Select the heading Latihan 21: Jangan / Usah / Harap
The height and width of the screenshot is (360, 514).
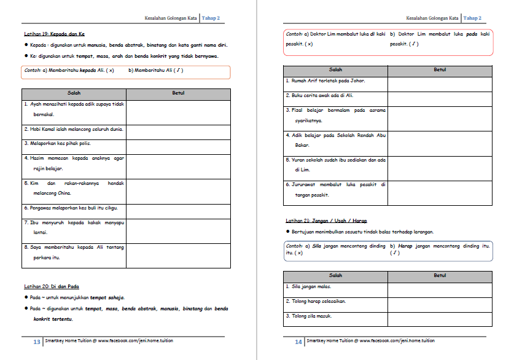click(x=326, y=220)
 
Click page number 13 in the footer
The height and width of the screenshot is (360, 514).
click(x=36, y=342)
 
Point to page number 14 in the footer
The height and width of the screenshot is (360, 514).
click(x=298, y=342)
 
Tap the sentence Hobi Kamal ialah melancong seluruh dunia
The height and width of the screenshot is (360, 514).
click(x=74, y=130)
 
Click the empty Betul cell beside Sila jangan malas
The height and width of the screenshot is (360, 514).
click(x=440, y=287)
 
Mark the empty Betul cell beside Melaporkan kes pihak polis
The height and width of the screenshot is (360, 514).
click(x=178, y=143)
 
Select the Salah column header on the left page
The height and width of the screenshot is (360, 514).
click(x=74, y=93)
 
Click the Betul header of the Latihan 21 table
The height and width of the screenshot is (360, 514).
click(x=440, y=276)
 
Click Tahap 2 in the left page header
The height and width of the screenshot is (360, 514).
click(x=228, y=18)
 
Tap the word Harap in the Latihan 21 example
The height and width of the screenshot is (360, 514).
click(x=405, y=245)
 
